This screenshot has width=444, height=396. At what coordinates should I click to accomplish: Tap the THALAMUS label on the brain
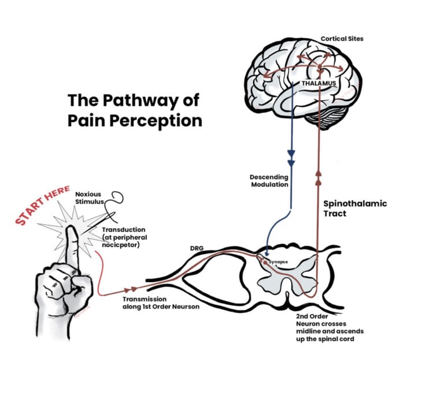[x=319, y=83]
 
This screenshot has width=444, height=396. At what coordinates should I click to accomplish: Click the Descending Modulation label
[x=269, y=181]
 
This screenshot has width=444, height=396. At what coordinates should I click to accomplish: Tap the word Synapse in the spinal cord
[x=279, y=261]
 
